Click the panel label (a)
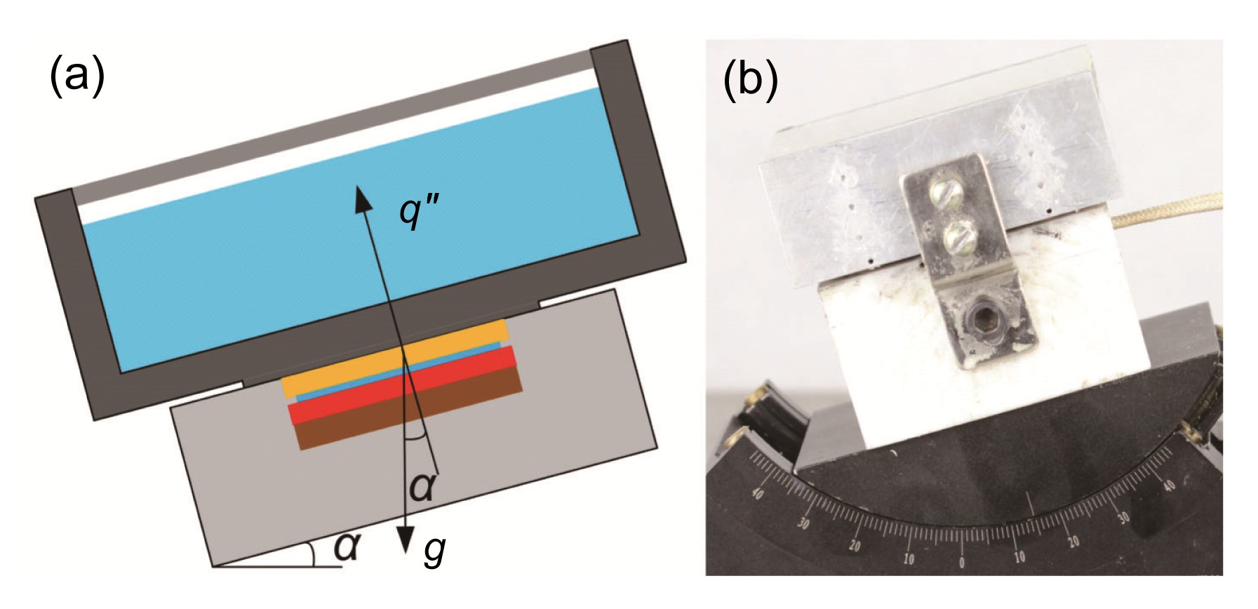click(x=77, y=76)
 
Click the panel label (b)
click(x=750, y=80)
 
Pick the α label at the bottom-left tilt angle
click(x=347, y=547)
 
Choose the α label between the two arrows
click(x=422, y=486)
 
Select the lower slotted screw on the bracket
click(x=958, y=236)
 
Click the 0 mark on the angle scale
click(x=961, y=563)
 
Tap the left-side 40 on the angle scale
click(x=757, y=493)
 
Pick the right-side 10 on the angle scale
click(x=1019, y=557)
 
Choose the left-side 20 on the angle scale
click(x=855, y=545)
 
